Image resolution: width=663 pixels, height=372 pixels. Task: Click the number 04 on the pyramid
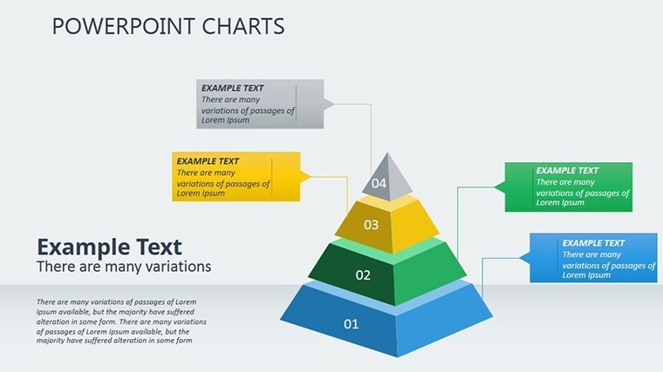[x=379, y=183]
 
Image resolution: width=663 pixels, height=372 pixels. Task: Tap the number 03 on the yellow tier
[x=372, y=225]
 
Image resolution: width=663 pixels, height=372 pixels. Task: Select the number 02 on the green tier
[x=363, y=275]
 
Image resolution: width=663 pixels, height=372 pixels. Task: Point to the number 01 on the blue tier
[x=351, y=324]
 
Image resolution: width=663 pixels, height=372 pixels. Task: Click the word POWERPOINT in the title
[x=124, y=26]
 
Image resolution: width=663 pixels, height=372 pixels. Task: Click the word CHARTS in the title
[x=243, y=26]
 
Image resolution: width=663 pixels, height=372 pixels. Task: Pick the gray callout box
[x=260, y=104]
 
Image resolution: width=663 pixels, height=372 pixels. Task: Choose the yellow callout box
[x=236, y=177]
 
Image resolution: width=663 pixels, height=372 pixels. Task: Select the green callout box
[x=569, y=187]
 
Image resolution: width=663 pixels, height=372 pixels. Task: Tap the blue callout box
[x=594, y=258]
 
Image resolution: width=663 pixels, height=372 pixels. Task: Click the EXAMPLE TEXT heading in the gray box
[x=232, y=88]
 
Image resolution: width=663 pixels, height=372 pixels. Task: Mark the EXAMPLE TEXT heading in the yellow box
[x=208, y=161]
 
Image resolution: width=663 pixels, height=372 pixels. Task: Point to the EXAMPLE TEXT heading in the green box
[x=567, y=171]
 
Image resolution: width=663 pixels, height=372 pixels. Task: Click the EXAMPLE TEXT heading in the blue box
[x=593, y=243]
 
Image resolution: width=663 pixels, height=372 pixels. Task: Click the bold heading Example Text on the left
[x=110, y=247]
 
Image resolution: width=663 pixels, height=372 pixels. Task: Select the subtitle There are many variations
[x=124, y=267]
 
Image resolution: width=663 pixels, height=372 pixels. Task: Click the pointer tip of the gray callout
[x=334, y=104]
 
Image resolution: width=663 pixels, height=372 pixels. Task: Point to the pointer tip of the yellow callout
[x=311, y=177]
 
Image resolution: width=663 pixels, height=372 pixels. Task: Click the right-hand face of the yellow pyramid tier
[x=414, y=226]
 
